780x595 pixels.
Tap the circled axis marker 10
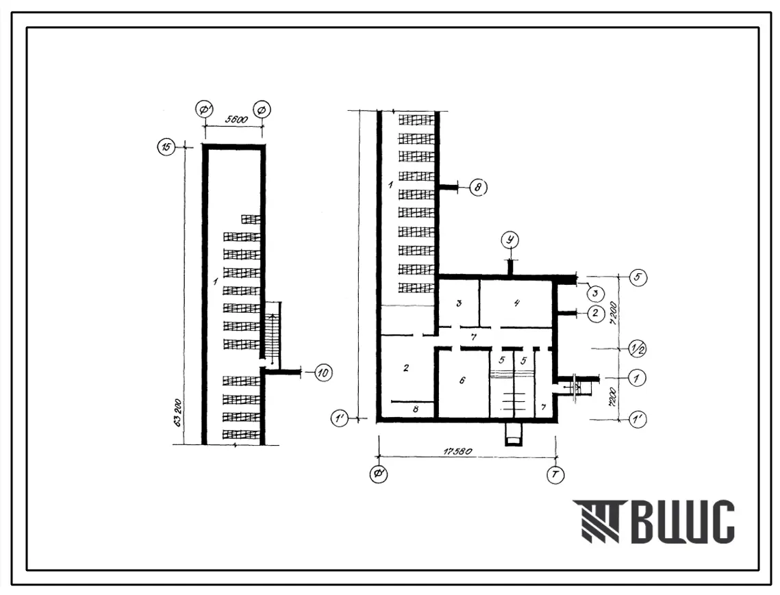(x=323, y=372)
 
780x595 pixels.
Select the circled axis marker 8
(x=479, y=187)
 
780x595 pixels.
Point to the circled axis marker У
(x=509, y=240)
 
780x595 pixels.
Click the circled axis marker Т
(x=555, y=474)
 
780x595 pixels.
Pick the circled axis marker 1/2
(x=637, y=349)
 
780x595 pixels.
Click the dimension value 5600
(x=234, y=118)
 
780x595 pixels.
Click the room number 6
(x=463, y=381)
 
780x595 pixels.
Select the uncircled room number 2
(x=406, y=368)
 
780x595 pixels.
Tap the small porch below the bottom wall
(x=513, y=434)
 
